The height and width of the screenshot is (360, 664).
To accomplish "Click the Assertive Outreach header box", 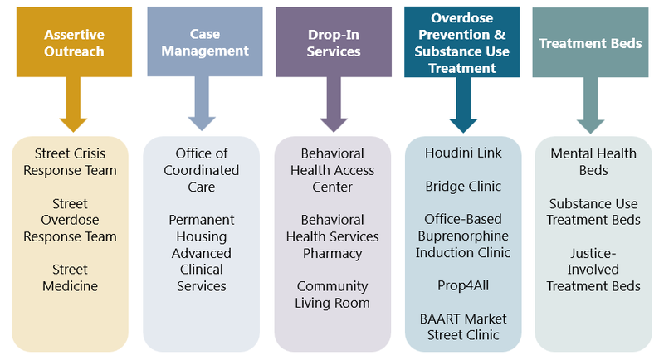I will (x=73, y=42).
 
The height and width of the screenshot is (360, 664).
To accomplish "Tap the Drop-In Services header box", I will (x=333, y=42).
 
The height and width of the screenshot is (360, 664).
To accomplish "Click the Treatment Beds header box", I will (x=590, y=42).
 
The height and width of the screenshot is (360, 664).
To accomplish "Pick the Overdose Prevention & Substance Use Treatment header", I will (x=462, y=42).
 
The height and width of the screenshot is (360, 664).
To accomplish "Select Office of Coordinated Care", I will (x=202, y=170).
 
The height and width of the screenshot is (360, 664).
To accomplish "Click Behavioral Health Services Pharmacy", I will (x=332, y=236).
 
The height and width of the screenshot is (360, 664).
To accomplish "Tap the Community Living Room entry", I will (x=332, y=294).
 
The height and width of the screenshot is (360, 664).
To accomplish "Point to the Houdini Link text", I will (x=463, y=153).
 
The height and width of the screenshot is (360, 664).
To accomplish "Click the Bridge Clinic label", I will (x=463, y=187).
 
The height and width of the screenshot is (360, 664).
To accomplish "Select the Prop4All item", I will (x=463, y=285).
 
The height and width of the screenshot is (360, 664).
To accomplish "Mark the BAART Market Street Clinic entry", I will (x=463, y=327).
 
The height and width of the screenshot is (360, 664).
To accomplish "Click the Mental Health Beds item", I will (x=593, y=162).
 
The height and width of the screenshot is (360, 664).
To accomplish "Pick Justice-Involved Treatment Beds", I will (x=593, y=270).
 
